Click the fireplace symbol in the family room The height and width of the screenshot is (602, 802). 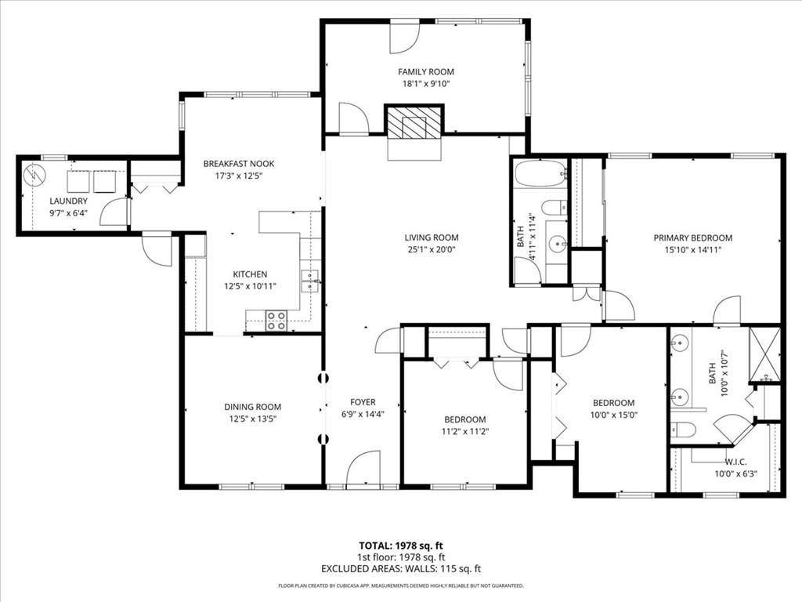415,123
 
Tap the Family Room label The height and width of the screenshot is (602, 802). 425,72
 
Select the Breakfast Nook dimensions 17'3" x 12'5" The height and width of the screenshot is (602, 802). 239,176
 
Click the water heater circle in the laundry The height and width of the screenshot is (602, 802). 33,173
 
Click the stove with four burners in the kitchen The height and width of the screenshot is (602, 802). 276,319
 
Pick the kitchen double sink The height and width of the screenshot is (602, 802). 311,281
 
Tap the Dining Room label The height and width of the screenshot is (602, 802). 252,407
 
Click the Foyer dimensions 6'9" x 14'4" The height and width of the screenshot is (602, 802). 363,414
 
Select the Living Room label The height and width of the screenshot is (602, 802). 431,238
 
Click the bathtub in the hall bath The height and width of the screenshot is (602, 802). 540,172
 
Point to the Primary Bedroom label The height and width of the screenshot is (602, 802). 692,238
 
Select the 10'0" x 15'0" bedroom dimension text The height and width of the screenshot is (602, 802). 612,415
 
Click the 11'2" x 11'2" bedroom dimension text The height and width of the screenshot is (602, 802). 465,431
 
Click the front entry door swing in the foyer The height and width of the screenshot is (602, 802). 363,469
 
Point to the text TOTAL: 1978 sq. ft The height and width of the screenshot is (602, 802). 400,545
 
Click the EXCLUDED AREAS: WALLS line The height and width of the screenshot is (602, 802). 400,568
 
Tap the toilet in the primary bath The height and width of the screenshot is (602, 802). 683,429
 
